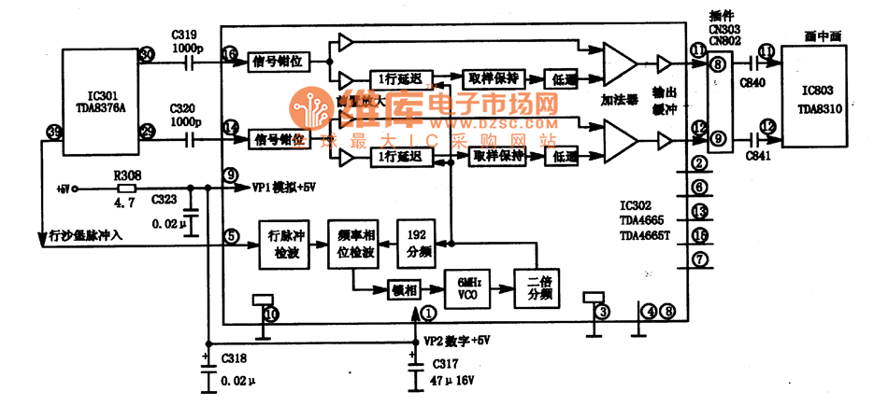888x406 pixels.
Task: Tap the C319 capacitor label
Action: click(184, 35)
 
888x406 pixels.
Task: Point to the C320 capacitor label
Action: click(184, 108)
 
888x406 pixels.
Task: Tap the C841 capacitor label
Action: click(756, 156)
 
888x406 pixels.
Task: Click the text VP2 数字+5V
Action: click(457, 341)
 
